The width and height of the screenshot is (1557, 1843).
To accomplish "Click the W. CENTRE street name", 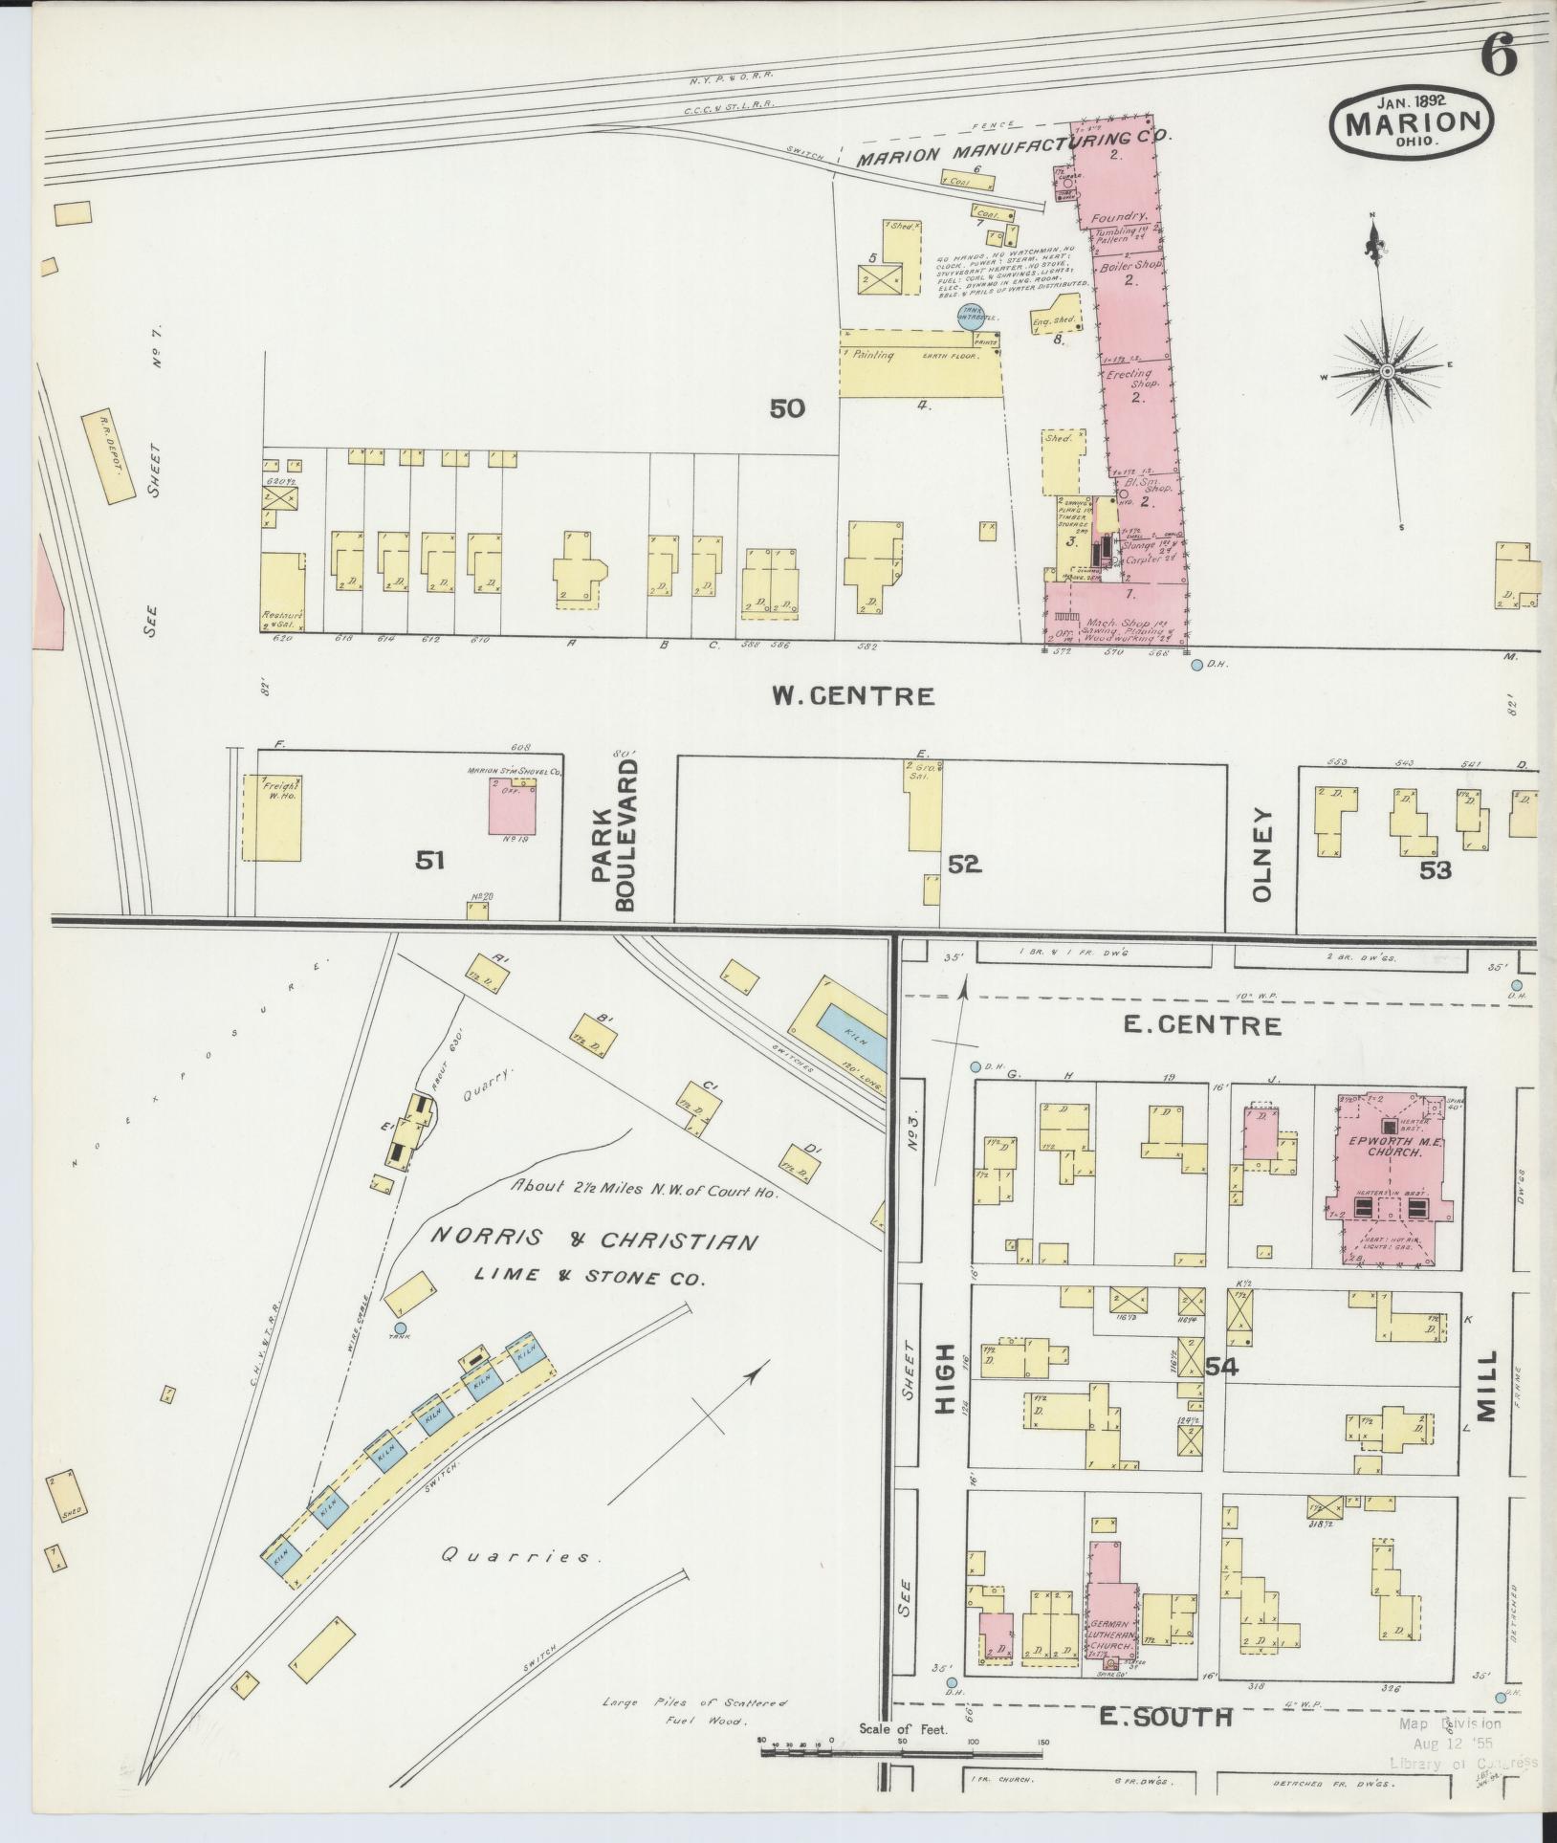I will tap(853, 695).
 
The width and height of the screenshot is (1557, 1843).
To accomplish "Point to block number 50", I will tap(787, 409).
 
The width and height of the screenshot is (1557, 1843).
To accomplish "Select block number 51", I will tap(429, 861).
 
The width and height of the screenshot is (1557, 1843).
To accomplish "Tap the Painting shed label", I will tap(873, 355).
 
